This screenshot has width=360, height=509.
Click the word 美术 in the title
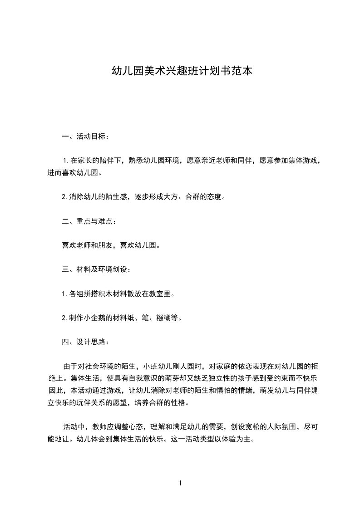(154, 71)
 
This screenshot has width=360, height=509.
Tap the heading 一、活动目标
(85, 136)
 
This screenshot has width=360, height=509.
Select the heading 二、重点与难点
(89, 221)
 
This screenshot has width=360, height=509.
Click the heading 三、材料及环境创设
(96, 269)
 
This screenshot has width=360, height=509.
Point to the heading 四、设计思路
(85, 342)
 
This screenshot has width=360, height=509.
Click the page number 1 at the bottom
(180, 483)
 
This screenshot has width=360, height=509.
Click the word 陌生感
(118, 197)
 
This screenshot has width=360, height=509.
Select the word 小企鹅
(97, 318)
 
